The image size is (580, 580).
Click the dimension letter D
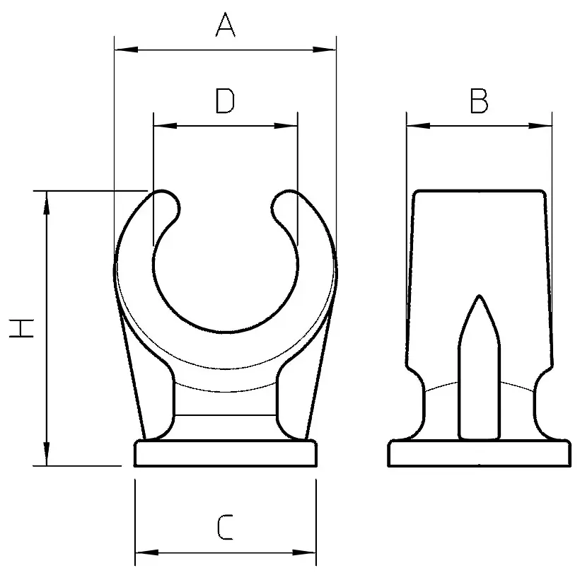click(x=225, y=102)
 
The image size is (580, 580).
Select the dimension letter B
click(x=479, y=102)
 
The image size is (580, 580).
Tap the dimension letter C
click(x=225, y=528)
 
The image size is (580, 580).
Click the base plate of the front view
click(x=225, y=454)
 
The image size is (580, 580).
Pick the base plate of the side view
click(x=479, y=454)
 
